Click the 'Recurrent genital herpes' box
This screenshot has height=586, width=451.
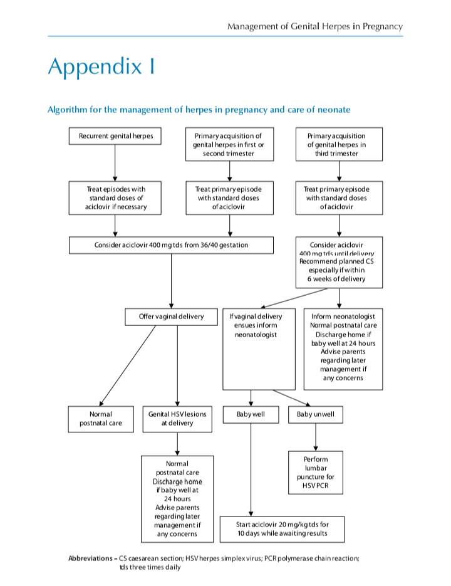pyautogui.click(x=115, y=136)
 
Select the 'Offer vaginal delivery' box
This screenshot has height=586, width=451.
pyautogui.click(x=171, y=317)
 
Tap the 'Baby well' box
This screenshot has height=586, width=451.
pyautogui.click(x=251, y=414)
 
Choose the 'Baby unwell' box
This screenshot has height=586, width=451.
pyautogui.click(x=315, y=414)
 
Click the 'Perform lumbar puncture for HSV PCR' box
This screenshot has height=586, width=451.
pyautogui.click(x=315, y=473)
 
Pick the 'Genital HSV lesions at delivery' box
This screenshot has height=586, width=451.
pyautogui.click(x=177, y=419)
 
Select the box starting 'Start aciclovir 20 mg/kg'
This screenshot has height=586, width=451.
pyautogui.click(x=282, y=529)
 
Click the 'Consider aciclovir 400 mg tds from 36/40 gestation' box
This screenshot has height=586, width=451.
pyautogui.click(x=171, y=245)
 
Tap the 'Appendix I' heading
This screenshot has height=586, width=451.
pyautogui.click(x=101, y=67)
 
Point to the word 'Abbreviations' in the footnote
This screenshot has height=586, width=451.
pyautogui.click(x=90, y=558)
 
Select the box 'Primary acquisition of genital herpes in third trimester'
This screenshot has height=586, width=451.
pyautogui.click(x=339, y=144)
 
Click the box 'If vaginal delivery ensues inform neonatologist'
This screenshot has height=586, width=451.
pyautogui.click(x=259, y=349)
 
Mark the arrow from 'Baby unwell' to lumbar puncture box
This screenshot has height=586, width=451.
pyautogui.click(x=316, y=437)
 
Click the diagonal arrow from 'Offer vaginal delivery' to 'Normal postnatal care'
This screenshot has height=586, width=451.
pyautogui.click(x=127, y=366)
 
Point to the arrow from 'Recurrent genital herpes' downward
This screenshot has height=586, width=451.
pyautogui.click(x=115, y=163)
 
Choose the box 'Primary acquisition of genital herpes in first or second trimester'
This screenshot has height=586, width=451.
pyautogui.click(x=229, y=144)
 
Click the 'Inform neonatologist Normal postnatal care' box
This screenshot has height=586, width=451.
pyautogui.click(x=343, y=349)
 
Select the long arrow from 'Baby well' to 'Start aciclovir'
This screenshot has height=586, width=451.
pyautogui.click(x=251, y=470)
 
